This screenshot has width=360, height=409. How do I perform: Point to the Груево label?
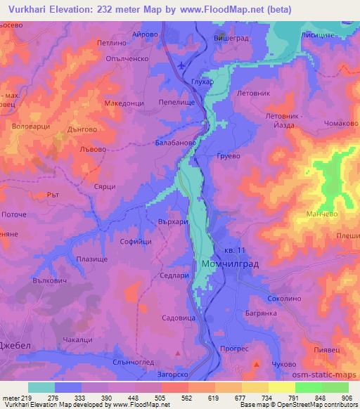(x=230, y=155)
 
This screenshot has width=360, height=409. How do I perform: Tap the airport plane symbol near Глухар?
(x=183, y=65)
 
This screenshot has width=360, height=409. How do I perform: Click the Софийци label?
(x=136, y=241)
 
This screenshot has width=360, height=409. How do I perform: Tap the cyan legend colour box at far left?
(x=41, y=387)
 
